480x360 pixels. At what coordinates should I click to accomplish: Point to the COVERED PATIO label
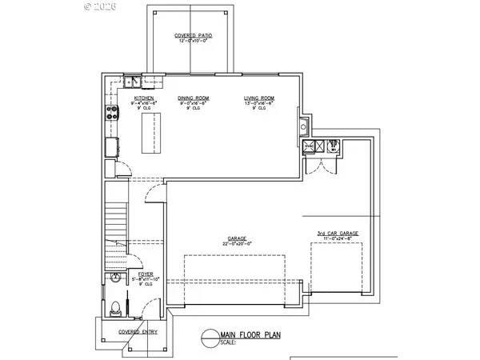[192, 36]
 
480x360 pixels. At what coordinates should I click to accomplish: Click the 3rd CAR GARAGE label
[337, 233]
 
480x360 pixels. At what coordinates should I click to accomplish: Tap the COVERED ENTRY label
[134, 330]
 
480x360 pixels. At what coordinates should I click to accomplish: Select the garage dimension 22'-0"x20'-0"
[237, 243]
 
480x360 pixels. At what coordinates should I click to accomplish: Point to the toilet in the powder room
[114, 306]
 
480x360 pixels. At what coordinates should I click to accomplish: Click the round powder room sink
[114, 278]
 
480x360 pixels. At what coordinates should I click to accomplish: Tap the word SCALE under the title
[228, 342]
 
